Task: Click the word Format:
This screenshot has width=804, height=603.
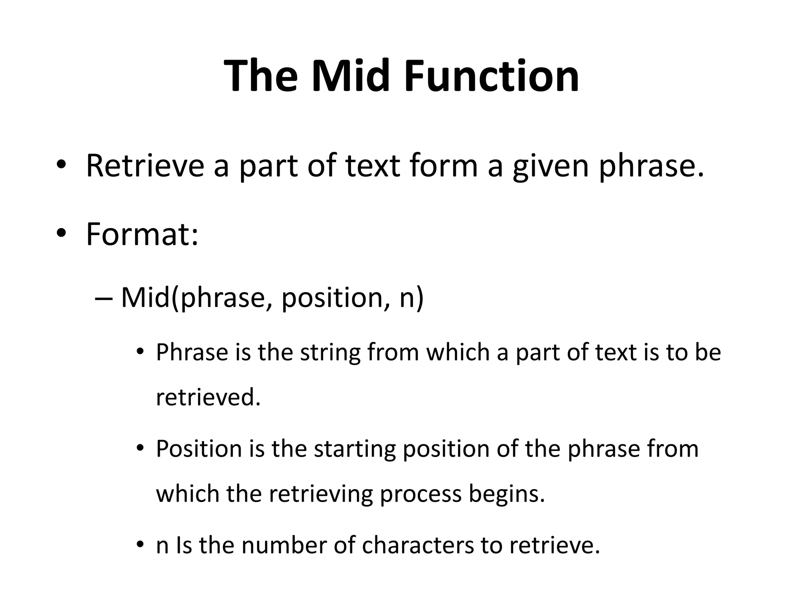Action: click(x=142, y=234)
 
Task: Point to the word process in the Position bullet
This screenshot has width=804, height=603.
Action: click(x=420, y=495)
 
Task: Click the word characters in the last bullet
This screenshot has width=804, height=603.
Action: click(x=418, y=545)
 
